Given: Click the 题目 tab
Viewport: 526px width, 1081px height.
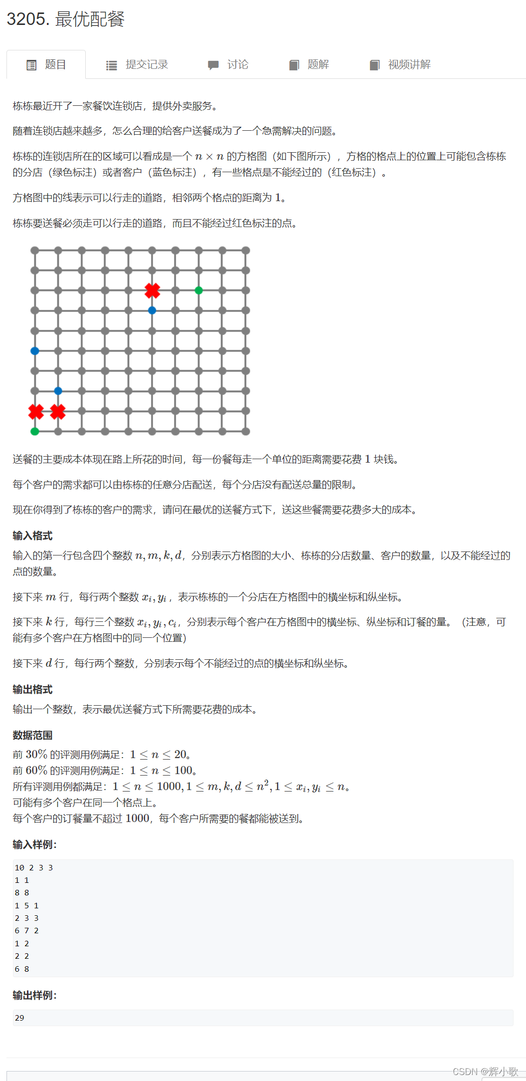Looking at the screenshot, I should tap(46, 65).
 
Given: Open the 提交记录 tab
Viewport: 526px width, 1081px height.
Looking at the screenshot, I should tap(137, 65).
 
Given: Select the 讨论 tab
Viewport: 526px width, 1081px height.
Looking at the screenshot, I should tap(228, 65).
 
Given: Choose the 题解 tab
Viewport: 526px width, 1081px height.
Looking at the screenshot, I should tap(309, 65).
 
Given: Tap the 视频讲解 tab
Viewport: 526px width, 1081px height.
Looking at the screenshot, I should tap(400, 65).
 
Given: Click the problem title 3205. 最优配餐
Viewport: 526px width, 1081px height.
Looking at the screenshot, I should tap(65, 19).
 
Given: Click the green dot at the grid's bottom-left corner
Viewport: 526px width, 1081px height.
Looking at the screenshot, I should tap(35, 431).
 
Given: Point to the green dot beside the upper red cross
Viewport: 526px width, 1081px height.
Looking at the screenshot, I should tap(199, 290).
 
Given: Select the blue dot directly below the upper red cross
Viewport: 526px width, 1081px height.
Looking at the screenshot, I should tap(152, 310).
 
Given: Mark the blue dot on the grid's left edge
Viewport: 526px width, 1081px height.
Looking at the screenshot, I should tap(35, 351).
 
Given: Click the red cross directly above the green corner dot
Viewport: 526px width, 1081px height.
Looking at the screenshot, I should tap(36, 412).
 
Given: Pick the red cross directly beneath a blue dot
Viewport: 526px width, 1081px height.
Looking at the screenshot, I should tap(58, 412).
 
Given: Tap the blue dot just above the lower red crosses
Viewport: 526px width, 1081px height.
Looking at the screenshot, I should tap(58, 391).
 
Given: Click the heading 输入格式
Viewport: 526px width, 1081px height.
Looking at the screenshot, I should tap(32, 536).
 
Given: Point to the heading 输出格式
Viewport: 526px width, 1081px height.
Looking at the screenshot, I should tap(32, 689).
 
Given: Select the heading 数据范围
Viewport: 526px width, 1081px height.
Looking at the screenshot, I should tap(32, 735).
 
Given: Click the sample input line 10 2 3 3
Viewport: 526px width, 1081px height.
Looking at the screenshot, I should tap(34, 868).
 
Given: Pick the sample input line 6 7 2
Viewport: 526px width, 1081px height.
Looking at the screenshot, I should tap(26, 931).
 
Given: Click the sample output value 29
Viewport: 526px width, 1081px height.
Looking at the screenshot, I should tap(19, 1018).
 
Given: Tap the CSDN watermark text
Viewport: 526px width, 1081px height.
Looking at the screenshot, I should tap(485, 1072).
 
